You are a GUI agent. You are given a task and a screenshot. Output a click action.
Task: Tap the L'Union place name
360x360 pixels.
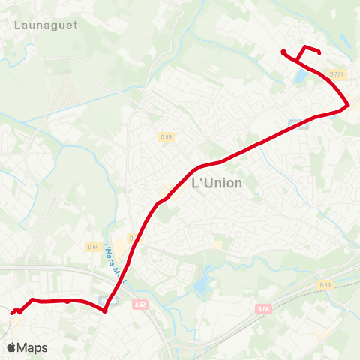pos(217,183)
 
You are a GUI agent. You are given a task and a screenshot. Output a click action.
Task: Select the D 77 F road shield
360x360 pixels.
pos(337,73)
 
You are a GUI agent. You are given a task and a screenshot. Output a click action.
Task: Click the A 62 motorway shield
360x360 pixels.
pos(141,304)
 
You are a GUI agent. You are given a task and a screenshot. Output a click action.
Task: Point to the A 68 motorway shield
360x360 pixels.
pos(262,308)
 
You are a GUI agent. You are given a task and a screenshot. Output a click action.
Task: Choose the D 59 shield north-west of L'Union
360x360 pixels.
pos(166,136)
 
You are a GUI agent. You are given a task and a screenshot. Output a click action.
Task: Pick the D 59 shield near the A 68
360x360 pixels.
pos(324,284)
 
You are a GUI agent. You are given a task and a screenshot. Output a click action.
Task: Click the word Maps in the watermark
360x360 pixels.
pos(32,347)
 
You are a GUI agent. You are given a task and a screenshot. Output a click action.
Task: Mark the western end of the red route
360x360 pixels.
pos(13,311)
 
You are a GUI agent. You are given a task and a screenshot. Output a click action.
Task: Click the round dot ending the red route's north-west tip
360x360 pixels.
pos(283,52)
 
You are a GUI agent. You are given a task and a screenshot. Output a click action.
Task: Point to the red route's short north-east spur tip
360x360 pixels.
pos(319,52)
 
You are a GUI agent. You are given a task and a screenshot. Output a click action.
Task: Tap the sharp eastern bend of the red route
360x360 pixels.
pos(348,106)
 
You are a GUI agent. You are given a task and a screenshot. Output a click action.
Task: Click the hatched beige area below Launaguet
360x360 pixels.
pos(65,93)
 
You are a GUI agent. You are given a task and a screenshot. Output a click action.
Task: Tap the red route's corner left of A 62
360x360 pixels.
pos(106,310)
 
